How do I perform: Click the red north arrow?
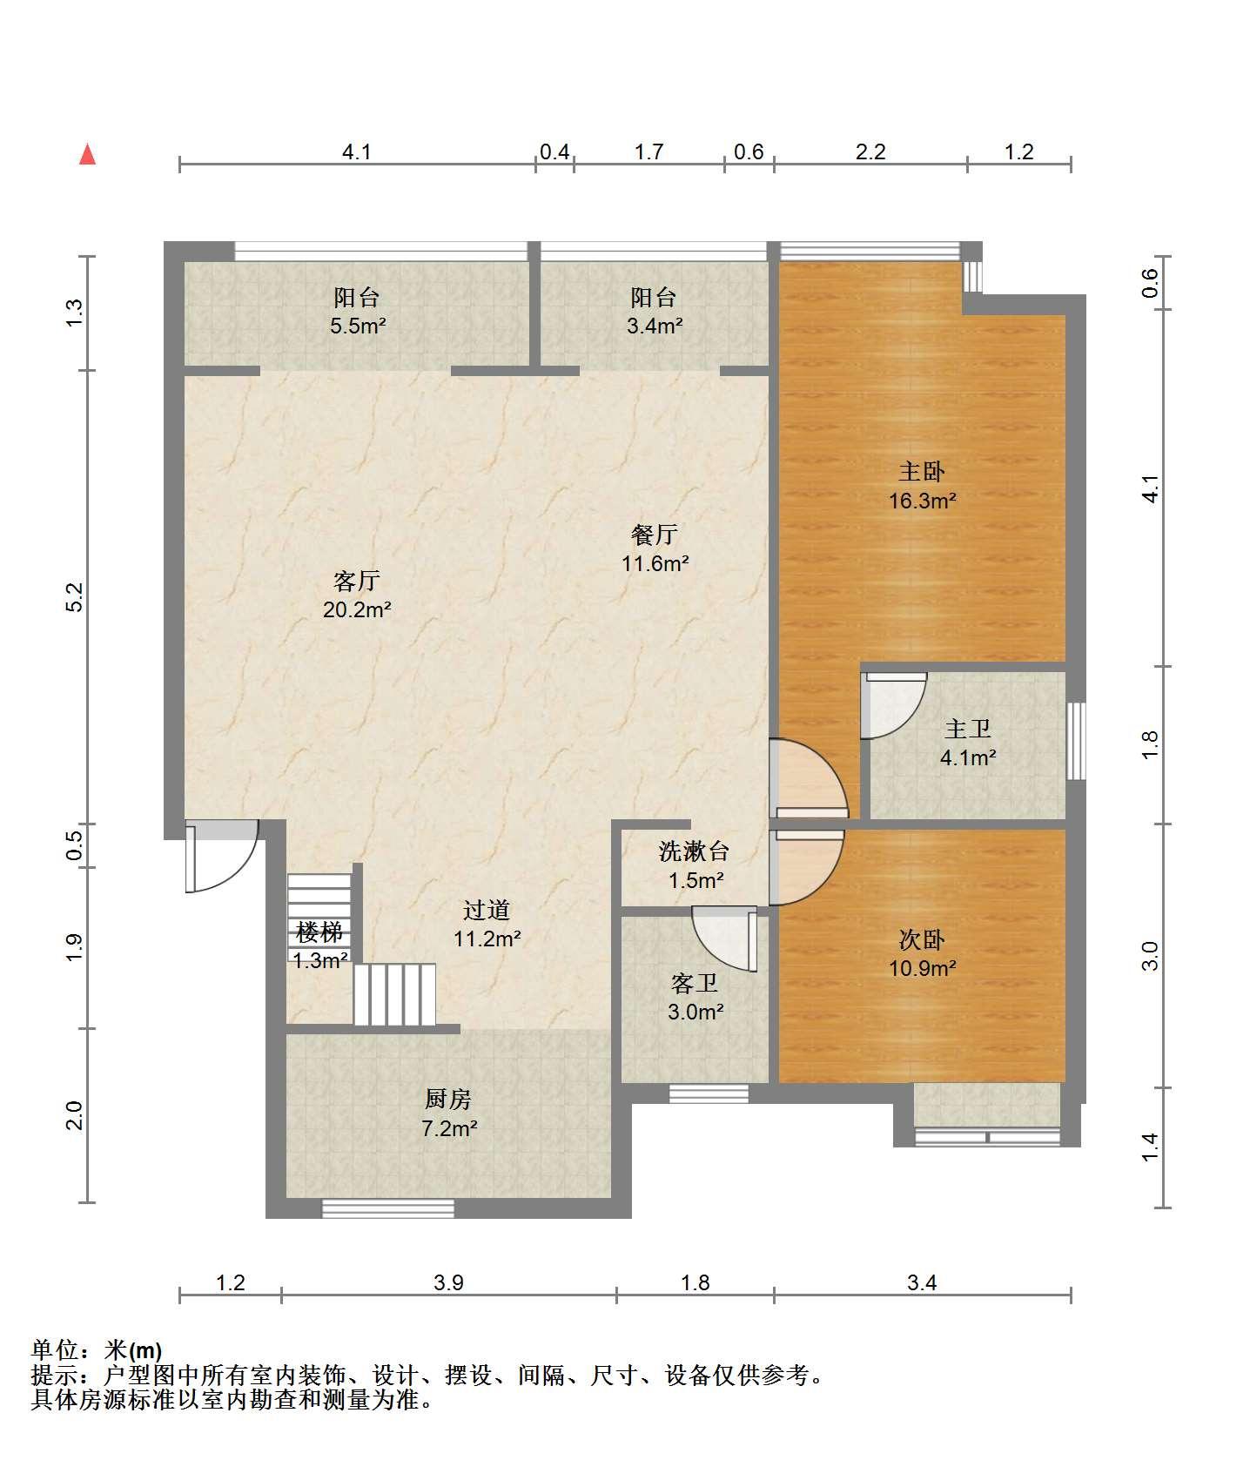pyautogui.click(x=87, y=154)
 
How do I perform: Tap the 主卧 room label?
pyautogui.click(x=922, y=472)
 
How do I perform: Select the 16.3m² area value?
pyautogui.click(x=922, y=501)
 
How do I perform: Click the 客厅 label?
pyautogui.click(x=357, y=581)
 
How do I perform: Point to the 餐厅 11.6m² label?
pyautogui.click(x=655, y=548)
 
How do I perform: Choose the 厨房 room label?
pyautogui.click(x=448, y=1100)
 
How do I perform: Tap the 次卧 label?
pyautogui.click(x=922, y=939)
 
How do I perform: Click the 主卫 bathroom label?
pyautogui.click(x=968, y=729)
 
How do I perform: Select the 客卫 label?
pyautogui.click(x=695, y=983)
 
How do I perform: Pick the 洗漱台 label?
pyautogui.click(x=695, y=851)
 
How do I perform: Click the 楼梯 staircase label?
pyautogui.click(x=319, y=932)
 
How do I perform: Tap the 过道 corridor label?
pyautogui.click(x=487, y=911)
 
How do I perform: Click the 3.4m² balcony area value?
pyautogui.click(x=655, y=327)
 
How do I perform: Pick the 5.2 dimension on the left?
pyautogui.click(x=75, y=597)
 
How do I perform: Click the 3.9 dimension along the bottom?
pyautogui.click(x=449, y=1282)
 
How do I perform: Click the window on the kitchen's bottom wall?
pyautogui.click(x=388, y=1208)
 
